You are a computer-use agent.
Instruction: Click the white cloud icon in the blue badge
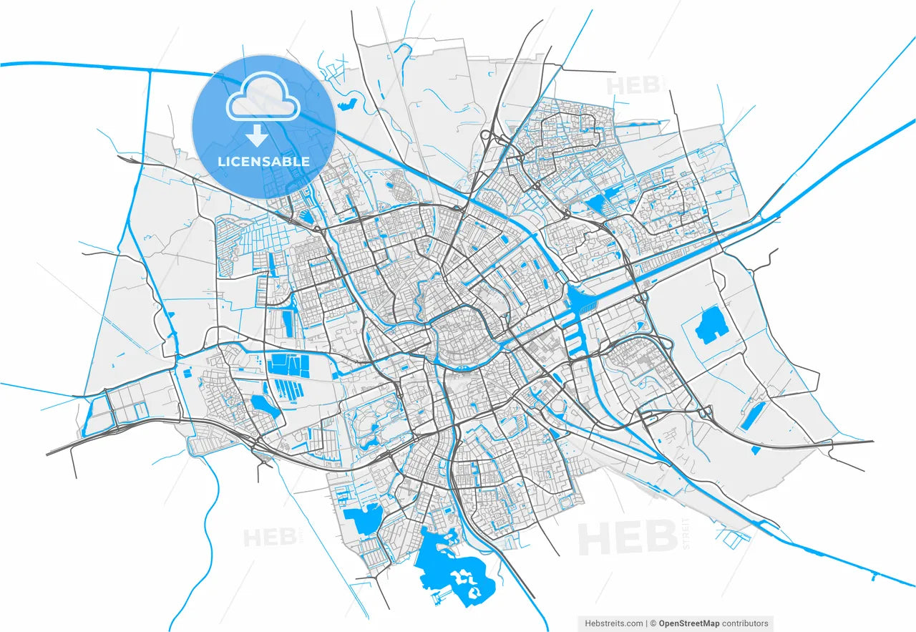(x=263, y=99)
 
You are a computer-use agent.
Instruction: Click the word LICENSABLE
(x=264, y=162)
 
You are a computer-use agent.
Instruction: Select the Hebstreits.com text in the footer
(x=614, y=623)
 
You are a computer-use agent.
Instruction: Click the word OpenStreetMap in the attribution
(x=689, y=623)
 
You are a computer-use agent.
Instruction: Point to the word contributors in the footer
(x=745, y=623)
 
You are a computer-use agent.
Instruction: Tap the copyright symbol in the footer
(x=653, y=623)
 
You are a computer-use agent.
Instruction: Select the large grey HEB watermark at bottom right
(x=628, y=537)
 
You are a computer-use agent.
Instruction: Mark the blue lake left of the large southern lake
(x=364, y=519)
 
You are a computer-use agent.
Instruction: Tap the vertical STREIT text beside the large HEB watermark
(x=686, y=533)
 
